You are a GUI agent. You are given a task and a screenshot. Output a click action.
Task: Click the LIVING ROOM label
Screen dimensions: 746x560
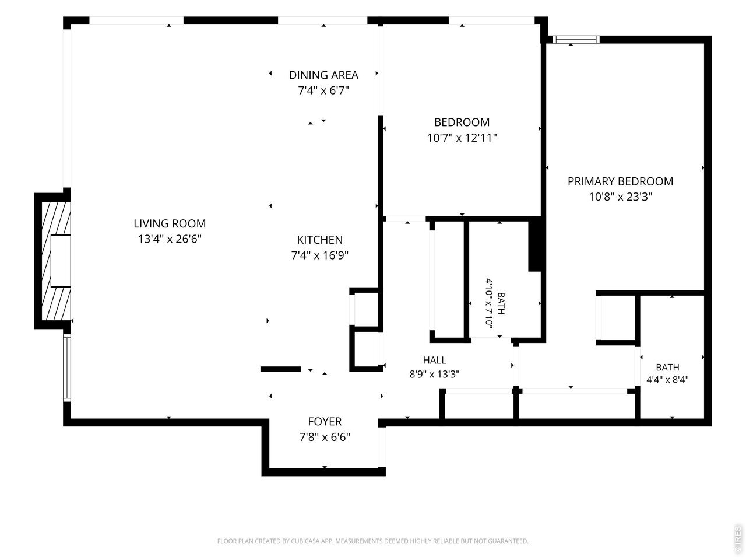(170, 223)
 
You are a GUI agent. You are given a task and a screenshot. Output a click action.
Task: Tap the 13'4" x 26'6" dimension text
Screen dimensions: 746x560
(170, 239)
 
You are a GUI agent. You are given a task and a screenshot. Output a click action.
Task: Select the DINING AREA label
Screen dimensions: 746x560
(323, 75)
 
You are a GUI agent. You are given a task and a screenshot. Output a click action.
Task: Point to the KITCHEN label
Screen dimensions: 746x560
(320, 240)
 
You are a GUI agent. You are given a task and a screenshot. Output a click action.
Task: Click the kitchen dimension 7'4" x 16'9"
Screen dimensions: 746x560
(320, 255)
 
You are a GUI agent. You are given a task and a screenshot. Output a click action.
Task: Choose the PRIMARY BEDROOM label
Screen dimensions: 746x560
(620, 181)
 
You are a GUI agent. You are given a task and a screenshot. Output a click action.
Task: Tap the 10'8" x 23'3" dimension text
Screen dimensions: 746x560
(621, 197)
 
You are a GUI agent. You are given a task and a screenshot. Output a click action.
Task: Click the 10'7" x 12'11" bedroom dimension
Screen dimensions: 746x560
(462, 138)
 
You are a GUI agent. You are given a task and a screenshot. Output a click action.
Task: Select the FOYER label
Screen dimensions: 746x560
(325, 421)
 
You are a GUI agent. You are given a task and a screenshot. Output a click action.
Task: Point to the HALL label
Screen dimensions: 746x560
(434, 360)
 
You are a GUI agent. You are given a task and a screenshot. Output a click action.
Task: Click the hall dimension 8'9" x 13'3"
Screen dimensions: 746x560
(434, 374)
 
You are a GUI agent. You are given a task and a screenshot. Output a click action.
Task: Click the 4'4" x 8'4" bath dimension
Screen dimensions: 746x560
(667, 379)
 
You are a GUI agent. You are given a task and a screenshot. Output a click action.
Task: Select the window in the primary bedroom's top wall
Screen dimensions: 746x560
(576, 40)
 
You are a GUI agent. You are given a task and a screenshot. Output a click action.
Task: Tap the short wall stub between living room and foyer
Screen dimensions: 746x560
(280, 369)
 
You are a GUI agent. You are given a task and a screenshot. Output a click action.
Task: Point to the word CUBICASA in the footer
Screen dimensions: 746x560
(305, 541)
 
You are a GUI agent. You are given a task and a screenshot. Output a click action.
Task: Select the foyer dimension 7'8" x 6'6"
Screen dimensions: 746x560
(325, 436)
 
